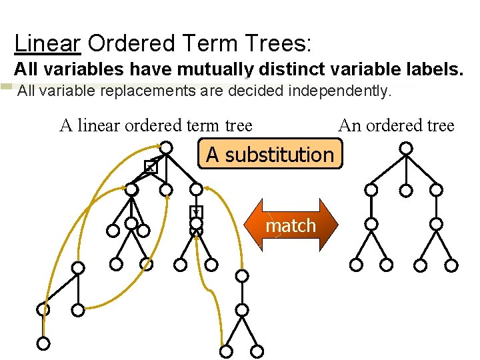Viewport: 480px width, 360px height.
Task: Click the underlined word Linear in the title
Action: pyautogui.click(x=47, y=44)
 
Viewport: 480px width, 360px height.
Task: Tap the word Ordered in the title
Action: pyautogui.click(x=127, y=44)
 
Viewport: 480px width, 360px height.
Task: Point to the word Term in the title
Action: pyautogui.click(x=201, y=44)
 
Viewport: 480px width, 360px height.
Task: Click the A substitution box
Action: pyautogui.click(x=269, y=155)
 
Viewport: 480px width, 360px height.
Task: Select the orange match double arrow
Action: pyautogui.click(x=291, y=225)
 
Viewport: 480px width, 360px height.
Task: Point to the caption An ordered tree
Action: pyautogui.click(x=396, y=125)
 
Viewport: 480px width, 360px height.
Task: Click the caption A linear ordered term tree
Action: pyautogui.click(x=156, y=125)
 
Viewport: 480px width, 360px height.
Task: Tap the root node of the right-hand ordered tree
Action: pyautogui.click(x=406, y=149)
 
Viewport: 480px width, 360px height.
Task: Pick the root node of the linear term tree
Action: pyautogui.click(x=167, y=147)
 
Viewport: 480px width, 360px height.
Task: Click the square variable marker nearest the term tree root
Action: pyautogui.click(x=151, y=167)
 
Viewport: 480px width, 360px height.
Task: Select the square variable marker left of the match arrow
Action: pyautogui.click(x=196, y=213)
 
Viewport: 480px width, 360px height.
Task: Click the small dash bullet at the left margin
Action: pyautogui.click(x=7, y=87)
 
